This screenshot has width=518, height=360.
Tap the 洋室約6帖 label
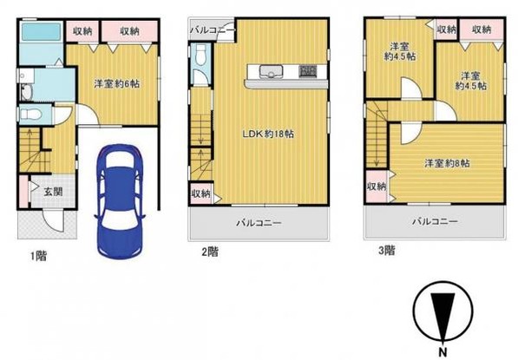tap(116, 84)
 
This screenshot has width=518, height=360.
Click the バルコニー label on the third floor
tap(434, 222)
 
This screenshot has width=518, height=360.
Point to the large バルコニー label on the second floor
tap(259, 223)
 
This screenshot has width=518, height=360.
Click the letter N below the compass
tap(443, 350)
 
